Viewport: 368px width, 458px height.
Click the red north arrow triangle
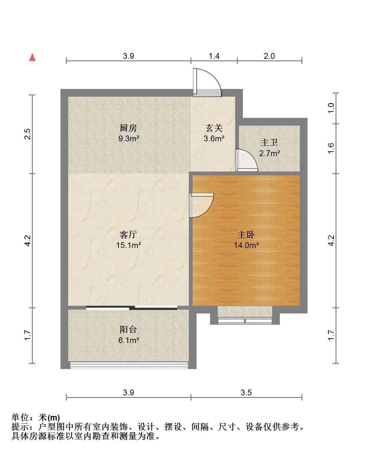[32, 57]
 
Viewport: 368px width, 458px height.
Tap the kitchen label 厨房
[128, 128]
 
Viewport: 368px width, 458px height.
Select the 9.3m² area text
[129, 139]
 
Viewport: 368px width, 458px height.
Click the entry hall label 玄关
[214, 128]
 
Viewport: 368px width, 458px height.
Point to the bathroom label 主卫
[269, 143]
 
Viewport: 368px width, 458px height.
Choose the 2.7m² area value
[270, 153]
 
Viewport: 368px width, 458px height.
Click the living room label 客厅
[128, 235]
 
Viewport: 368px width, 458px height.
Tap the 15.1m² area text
[129, 245]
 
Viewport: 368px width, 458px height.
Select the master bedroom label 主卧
[246, 235]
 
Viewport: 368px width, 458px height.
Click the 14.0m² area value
[246, 245]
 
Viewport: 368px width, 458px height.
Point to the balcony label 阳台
[128, 330]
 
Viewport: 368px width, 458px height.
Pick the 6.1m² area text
[129, 340]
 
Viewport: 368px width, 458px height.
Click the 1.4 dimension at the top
[214, 56]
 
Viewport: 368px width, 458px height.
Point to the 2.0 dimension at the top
[269, 56]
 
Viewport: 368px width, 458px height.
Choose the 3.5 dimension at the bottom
[246, 392]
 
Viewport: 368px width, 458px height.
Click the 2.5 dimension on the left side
[28, 134]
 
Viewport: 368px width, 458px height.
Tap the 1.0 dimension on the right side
[331, 108]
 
